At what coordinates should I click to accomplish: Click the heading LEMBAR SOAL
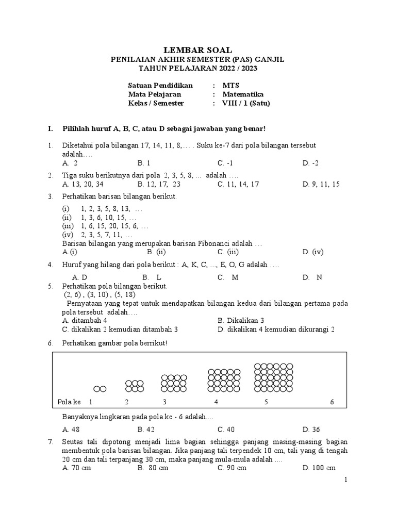[x=197, y=50]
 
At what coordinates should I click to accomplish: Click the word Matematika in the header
[x=243, y=94]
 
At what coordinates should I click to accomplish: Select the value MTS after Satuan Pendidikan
[x=230, y=85]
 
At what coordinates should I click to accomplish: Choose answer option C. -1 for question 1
[x=225, y=163]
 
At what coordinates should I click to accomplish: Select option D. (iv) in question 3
[x=313, y=252]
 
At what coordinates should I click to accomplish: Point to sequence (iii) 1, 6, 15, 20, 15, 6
[x=106, y=226]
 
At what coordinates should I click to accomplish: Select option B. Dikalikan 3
[x=241, y=320]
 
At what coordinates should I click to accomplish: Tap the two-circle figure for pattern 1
[x=100, y=388]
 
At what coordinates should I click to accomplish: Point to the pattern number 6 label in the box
[x=332, y=402]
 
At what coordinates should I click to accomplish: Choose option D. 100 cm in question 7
[x=319, y=468]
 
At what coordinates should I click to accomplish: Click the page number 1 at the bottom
[x=346, y=480]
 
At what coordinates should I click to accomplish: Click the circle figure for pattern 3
[x=174, y=384]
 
